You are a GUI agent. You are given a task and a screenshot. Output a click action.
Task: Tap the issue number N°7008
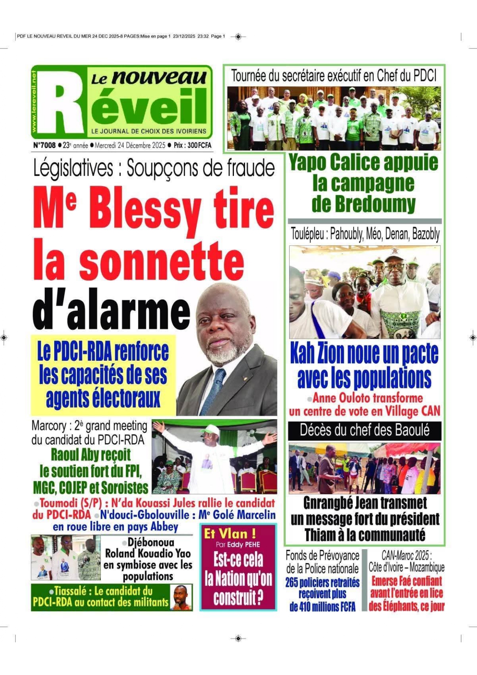(x=44, y=145)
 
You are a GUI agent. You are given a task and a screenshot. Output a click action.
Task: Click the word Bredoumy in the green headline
(x=364, y=203)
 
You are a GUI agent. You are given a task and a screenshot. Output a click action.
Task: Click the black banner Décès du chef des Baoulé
(x=364, y=430)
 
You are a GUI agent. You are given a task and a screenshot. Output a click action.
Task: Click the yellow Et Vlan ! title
(x=230, y=533)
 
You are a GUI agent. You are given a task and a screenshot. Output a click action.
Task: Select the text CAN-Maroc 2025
(x=406, y=555)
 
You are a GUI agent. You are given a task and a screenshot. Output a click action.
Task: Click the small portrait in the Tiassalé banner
(x=182, y=597)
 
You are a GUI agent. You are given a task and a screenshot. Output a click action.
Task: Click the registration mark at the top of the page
(x=238, y=37)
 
